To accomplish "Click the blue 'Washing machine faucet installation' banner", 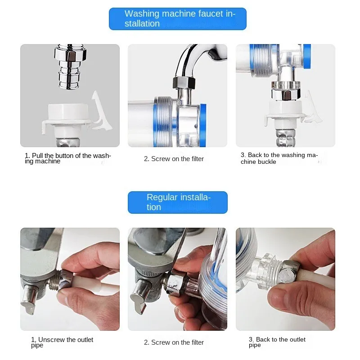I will tap(178, 19).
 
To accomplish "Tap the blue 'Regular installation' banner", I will tap(178, 202).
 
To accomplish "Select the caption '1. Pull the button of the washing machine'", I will tap(67, 158).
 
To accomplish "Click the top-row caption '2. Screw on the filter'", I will tap(174, 159).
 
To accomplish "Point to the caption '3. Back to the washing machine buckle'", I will tap(279, 158).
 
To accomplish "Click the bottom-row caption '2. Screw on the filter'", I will tap(174, 342).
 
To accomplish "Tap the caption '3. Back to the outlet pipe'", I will tap(277, 342).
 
